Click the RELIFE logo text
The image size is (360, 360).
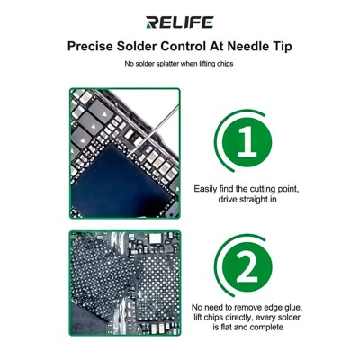click(x=180, y=22)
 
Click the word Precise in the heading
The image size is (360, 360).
click(x=90, y=47)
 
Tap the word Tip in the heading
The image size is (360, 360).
click(x=282, y=47)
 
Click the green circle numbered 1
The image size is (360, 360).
click(x=247, y=141)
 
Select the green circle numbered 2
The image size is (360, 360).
click(x=247, y=266)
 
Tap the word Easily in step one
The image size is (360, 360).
click(x=205, y=190)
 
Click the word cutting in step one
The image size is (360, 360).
click(x=263, y=190)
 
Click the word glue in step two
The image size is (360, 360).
click(x=292, y=308)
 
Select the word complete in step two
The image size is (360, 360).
click(x=267, y=328)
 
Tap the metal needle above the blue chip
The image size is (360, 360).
click(x=155, y=129)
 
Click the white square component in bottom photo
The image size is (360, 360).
click(x=155, y=238)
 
